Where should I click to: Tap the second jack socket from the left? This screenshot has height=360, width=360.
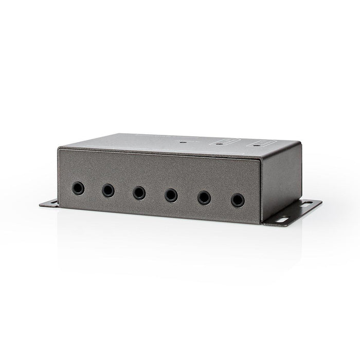[x=108, y=190]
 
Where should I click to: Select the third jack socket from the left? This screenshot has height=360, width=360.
[x=139, y=193]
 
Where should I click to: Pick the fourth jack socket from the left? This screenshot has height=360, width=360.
[x=171, y=195]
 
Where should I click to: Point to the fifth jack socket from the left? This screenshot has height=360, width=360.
[x=204, y=197]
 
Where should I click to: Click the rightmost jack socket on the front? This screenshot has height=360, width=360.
[x=237, y=200]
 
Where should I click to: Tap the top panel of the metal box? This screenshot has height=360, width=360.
[x=170, y=144]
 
